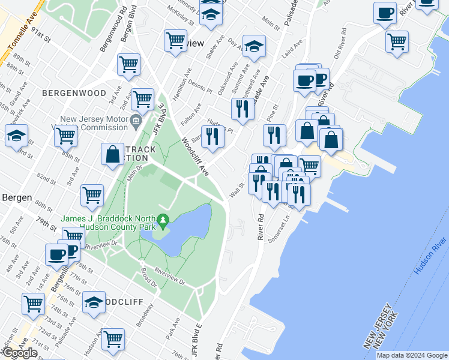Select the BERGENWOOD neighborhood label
pyautogui.click(x=74, y=94)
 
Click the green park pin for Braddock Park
pyautogui.click(x=162, y=223)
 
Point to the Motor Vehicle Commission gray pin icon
pyautogui.click(x=136, y=120)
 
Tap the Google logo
pyautogui.click(x=19, y=353)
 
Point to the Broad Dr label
pyautogui.click(x=149, y=275)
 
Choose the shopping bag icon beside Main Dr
pyautogui.click(x=112, y=154)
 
